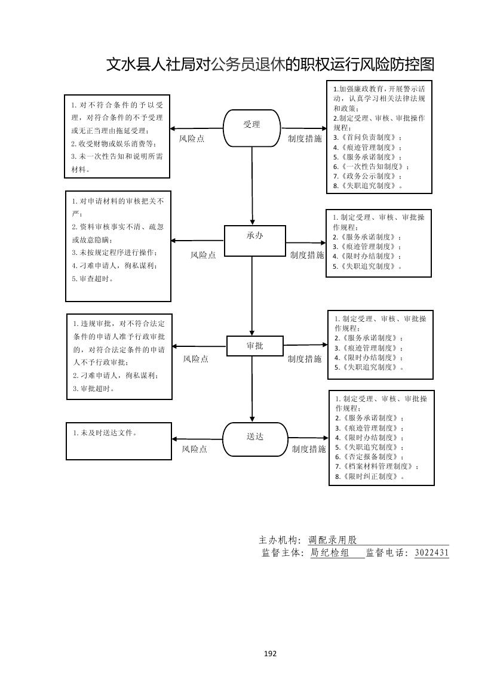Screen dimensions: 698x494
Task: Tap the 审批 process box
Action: (x=254, y=346)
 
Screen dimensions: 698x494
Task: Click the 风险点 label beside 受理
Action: (x=192, y=139)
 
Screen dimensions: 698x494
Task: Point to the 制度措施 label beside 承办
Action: (x=307, y=255)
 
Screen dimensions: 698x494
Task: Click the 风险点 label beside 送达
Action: (x=195, y=449)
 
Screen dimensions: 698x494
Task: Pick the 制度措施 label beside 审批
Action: (x=305, y=359)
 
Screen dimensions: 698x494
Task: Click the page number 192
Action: (x=270, y=653)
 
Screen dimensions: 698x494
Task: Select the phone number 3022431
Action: (x=431, y=553)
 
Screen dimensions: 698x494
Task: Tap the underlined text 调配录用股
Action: (x=333, y=540)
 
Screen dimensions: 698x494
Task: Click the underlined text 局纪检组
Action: (x=330, y=553)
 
